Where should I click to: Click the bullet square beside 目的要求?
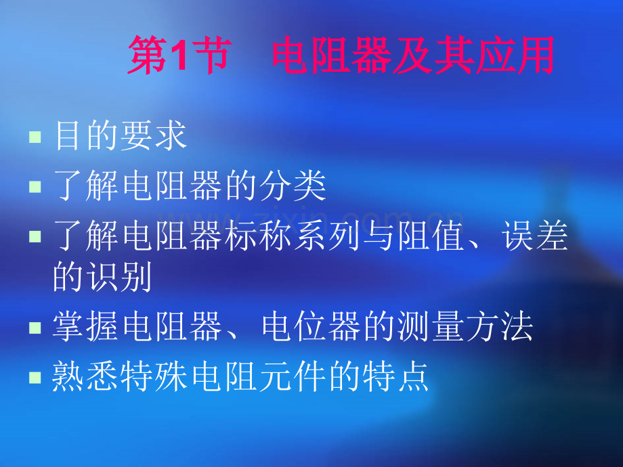click(35, 138)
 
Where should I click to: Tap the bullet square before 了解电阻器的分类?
click(35, 187)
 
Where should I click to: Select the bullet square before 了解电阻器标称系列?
click(35, 236)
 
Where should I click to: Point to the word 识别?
click(119, 277)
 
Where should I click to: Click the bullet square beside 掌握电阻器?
click(35, 328)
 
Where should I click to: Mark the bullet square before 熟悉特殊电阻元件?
click(35, 378)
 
